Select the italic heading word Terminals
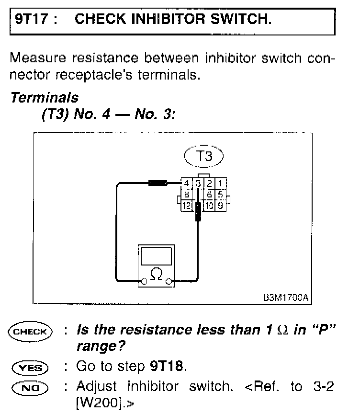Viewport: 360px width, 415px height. [44, 98]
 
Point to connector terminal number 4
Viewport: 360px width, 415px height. [187, 183]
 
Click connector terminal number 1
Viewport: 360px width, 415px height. [221, 183]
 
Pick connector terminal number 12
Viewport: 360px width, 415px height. [187, 206]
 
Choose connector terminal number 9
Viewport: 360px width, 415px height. [221, 206]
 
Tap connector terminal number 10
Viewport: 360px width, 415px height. [209, 206]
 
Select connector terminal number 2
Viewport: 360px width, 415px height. [209, 183]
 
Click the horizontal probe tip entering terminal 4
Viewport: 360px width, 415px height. [157, 183]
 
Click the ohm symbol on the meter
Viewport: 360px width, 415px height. [156, 274]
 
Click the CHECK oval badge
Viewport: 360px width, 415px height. [30, 331]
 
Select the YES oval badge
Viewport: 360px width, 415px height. [30, 368]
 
